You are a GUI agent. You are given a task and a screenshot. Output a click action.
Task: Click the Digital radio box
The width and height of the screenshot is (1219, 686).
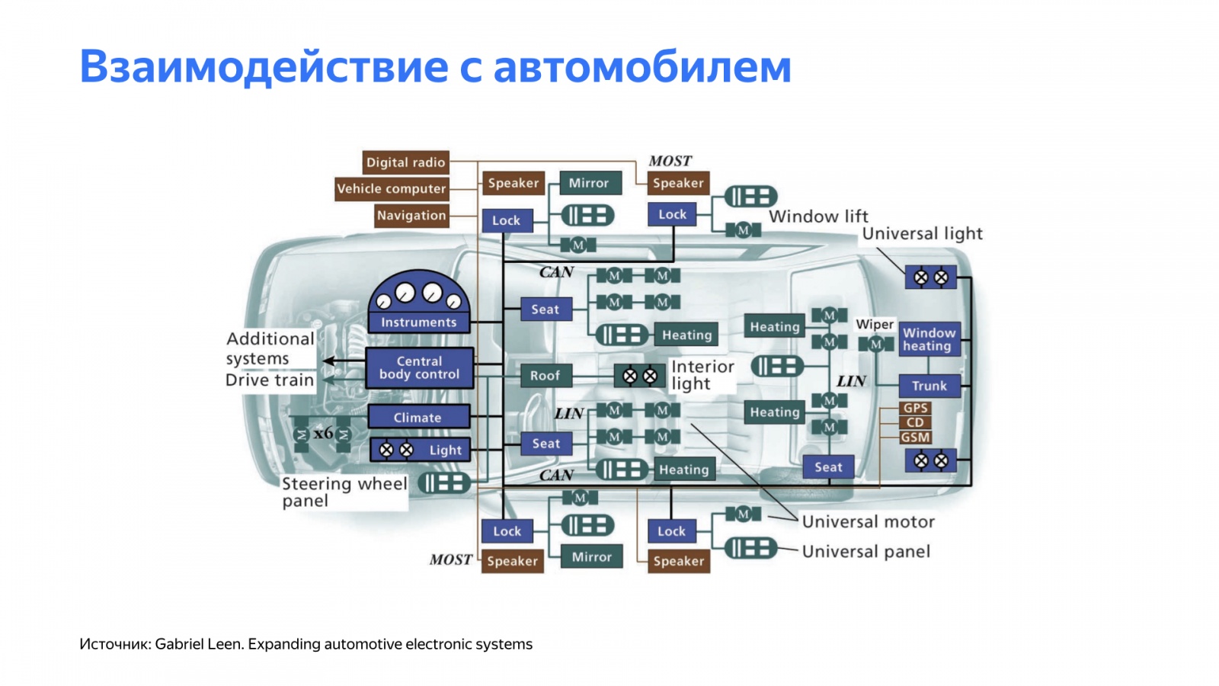coord(405,162)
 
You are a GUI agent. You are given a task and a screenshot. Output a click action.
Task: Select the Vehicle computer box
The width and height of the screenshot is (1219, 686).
coord(391,188)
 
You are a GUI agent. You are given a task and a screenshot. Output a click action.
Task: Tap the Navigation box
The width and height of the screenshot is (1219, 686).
coord(411,216)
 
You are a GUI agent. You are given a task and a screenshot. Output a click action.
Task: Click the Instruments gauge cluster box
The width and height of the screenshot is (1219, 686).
coord(418,304)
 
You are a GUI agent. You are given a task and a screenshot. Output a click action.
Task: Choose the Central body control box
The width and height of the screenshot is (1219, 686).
coord(419,368)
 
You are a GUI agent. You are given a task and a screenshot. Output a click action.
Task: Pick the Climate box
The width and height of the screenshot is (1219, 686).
coord(418,417)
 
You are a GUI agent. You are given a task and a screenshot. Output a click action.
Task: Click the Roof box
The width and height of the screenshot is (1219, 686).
coord(545,375)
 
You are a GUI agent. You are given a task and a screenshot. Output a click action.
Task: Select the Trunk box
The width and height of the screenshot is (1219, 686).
coord(929,386)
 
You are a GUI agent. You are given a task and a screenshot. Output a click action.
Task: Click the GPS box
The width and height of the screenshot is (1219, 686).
coord(915,408)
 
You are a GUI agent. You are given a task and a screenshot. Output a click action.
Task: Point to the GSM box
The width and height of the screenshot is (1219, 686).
coord(915,438)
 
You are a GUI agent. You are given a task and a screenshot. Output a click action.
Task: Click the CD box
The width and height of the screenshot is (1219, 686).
coord(915,422)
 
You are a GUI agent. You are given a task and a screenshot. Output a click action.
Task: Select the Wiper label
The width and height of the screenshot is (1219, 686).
coord(874,324)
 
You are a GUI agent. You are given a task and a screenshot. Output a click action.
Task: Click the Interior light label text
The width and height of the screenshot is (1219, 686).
coord(702,375)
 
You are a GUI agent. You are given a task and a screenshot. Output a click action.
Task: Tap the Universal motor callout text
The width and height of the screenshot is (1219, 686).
coord(868,522)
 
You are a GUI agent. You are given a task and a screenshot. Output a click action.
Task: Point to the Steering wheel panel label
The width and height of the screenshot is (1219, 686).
coord(343,492)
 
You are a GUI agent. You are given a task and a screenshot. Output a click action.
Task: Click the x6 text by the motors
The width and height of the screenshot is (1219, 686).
coord(323,433)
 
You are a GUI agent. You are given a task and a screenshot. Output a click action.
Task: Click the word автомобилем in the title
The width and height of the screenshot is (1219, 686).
coord(642,66)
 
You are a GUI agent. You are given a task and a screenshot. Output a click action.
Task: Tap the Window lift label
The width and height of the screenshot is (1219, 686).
coord(818,216)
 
